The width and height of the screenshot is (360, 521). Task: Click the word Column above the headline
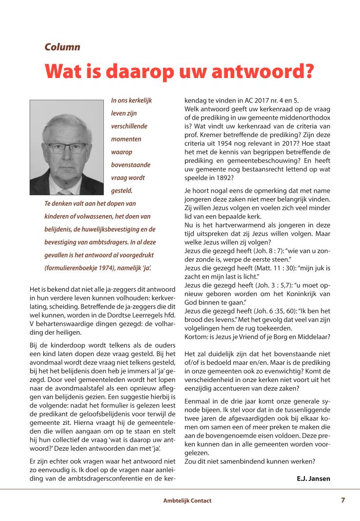coord(62,47)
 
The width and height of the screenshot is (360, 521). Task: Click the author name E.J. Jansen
coord(313,479)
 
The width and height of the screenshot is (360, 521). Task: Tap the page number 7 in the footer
coord(343,500)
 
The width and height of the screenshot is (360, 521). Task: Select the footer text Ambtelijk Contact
coord(187,501)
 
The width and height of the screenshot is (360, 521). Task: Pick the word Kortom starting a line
coord(196,337)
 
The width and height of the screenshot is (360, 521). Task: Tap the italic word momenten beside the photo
coord(126,139)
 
